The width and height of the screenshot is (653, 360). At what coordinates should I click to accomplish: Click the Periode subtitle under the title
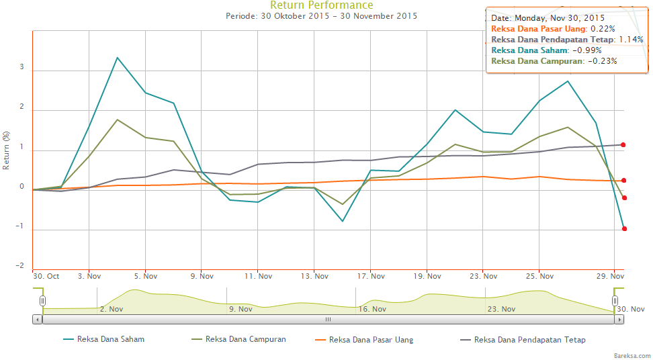click(321, 16)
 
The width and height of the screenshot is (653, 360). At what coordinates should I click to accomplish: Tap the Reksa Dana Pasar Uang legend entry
click(371, 340)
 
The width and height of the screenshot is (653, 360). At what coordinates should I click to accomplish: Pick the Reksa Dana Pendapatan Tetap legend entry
click(529, 340)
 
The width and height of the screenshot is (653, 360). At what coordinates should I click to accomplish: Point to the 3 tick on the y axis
click(21, 68)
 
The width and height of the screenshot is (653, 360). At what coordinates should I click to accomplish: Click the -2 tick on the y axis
click(20, 267)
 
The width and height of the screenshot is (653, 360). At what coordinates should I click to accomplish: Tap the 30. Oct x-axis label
click(46, 276)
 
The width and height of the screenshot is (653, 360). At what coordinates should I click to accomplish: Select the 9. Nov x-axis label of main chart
click(202, 276)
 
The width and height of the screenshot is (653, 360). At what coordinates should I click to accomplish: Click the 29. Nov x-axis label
click(611, 276)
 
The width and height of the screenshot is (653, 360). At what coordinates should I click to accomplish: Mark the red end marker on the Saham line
click(624, 229)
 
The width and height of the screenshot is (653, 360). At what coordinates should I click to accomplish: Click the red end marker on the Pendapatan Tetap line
click(623, 144)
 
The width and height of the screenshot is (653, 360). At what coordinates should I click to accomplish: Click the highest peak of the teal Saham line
click(117, 58)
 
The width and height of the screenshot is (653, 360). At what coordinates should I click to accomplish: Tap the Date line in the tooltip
click(548, 17)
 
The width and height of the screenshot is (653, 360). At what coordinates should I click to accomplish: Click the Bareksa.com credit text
click(632, 354)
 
